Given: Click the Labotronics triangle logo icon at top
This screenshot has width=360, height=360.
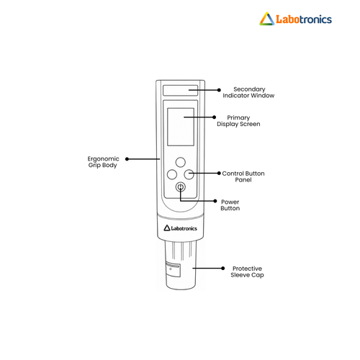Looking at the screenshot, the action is pos(267,19).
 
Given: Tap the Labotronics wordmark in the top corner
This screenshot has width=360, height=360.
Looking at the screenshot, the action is pos(304,19).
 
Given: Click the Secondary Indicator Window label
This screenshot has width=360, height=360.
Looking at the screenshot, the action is pos(248,92).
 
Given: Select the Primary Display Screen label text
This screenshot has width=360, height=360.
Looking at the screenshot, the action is pos(238,121).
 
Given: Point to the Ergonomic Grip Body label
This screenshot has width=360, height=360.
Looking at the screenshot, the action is pos(103,162).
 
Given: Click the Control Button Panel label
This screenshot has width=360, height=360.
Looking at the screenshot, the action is pos(243,176).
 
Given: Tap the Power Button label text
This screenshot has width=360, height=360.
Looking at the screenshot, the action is pos(230,205).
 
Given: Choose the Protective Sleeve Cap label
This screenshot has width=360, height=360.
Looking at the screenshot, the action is pos(247,271).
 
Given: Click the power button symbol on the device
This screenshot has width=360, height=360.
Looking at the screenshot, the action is pos(181,187).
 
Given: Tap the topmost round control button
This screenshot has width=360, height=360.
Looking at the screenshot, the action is pos(181,162).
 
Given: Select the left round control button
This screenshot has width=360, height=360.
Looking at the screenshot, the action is pos(172,174).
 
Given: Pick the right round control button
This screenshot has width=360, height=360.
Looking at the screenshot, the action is pos(189,174).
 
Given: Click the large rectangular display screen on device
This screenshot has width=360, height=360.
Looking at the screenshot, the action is pos(181,127).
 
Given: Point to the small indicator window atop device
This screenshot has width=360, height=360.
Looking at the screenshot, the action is pos(181,90).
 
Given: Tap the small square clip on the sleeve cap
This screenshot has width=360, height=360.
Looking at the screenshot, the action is pos(173,270).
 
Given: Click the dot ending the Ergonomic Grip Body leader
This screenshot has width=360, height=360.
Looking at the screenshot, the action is pos(127,159).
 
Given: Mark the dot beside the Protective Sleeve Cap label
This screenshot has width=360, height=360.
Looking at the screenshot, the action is pos(223,268).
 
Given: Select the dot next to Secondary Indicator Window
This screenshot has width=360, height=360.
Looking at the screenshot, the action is pos(219,90).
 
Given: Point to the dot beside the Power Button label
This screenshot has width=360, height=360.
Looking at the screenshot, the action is pos(215,201).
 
